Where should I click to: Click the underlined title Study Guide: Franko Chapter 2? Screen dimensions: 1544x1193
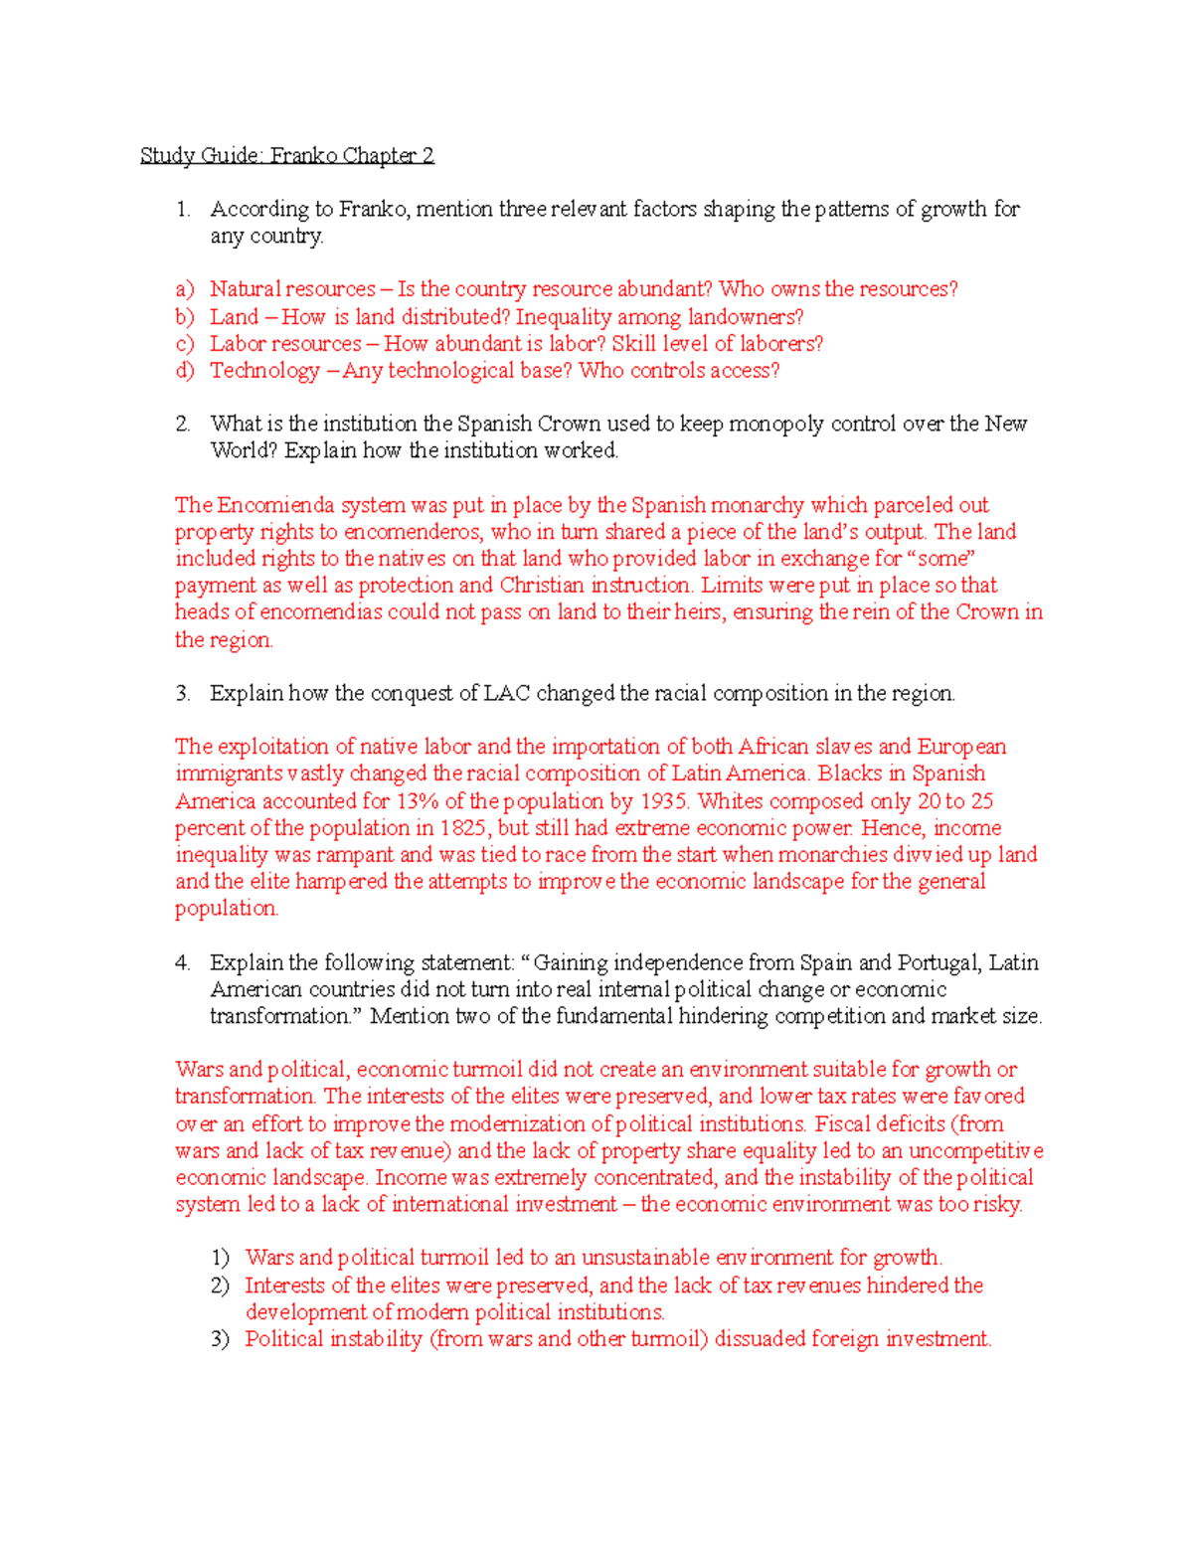point(286,155)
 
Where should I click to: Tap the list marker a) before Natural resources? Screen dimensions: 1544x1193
point(184,289)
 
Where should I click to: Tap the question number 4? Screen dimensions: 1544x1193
point(182,962)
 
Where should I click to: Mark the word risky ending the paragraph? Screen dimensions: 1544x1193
point(996,1205)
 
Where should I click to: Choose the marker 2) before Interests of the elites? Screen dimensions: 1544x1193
point(220,1286)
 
